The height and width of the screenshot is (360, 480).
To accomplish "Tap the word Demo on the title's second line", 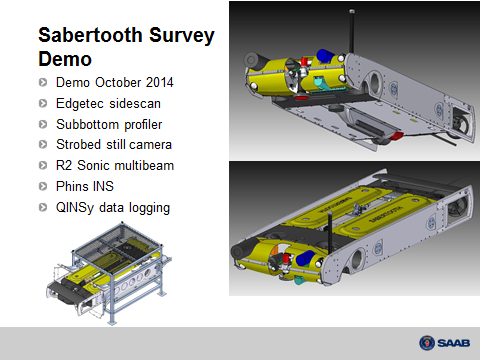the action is pyautogui.click(x=65, y=59).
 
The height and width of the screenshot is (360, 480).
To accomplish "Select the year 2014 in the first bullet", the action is pyautogui.click(x=160, y=82).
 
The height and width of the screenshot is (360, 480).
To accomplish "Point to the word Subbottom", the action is pyautogui.click(x=87, y=124).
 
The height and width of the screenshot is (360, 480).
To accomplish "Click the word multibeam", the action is pyautogui.click(x=140, y=165).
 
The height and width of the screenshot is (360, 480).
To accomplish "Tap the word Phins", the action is pyautogui.click(x=70, y=186).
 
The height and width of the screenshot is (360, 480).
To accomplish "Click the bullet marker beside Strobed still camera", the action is pyautogui.click(x=43, y=145).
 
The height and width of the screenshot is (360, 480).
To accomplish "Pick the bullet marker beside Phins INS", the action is pyautogui.click(x=43, y=186).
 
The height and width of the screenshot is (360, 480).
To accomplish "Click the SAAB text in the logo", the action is pyautogui.click(x=453, y=343).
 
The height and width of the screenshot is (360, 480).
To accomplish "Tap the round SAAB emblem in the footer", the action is pyautogui.click(x=427, y=343).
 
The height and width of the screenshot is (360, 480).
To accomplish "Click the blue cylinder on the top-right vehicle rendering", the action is pyautogui.click(x=325, y=56).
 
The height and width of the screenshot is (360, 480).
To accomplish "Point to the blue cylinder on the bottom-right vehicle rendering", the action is pyautogui.click(x=306, y=258).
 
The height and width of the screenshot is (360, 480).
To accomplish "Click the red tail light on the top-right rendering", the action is pyautogui.click(x=396, y=136).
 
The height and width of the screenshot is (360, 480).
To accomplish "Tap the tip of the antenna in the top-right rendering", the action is pyautogui.click(x=352, y=11).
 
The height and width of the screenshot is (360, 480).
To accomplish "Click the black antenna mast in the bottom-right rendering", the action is pyautogui.click(x=330, y=230).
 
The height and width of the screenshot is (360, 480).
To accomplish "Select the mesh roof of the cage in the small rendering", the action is pyautogui.click(x=118, y=241).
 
